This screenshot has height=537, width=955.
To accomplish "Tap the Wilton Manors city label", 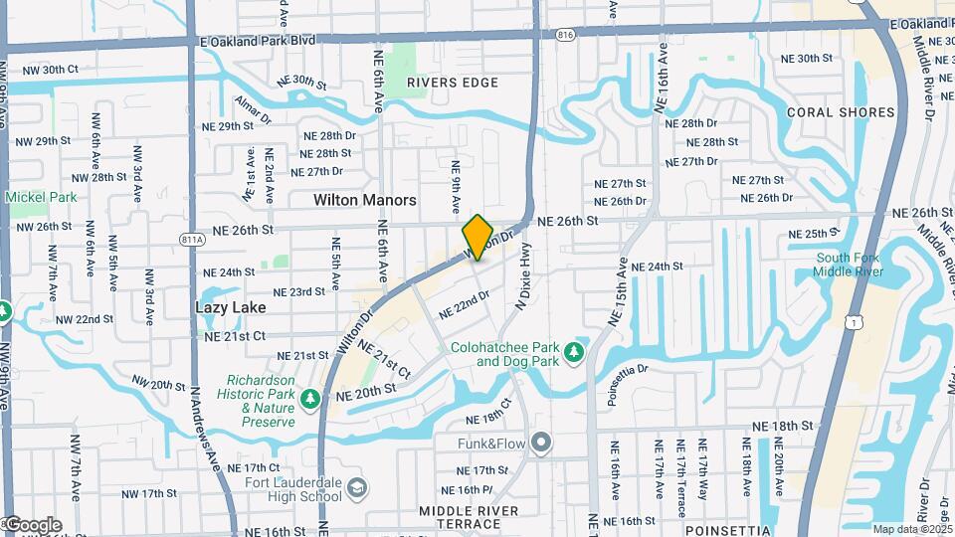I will point(364,200).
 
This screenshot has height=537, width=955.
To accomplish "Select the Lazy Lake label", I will point(230,308).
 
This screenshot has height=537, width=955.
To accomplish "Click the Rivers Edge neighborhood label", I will point(453,83).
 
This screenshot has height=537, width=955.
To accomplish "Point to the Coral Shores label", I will point(841,112).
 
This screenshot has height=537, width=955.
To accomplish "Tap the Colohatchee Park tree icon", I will point(573,352).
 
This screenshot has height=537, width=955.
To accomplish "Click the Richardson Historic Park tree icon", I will point(310,399).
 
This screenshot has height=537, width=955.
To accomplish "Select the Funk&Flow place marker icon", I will point(540,442).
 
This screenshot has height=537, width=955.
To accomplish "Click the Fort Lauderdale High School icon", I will point(356,487).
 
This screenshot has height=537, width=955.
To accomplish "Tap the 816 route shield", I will point(566,35).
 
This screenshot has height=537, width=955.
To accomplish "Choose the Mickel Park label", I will point(41,197).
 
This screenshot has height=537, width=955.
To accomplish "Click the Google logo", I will point(32,525).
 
